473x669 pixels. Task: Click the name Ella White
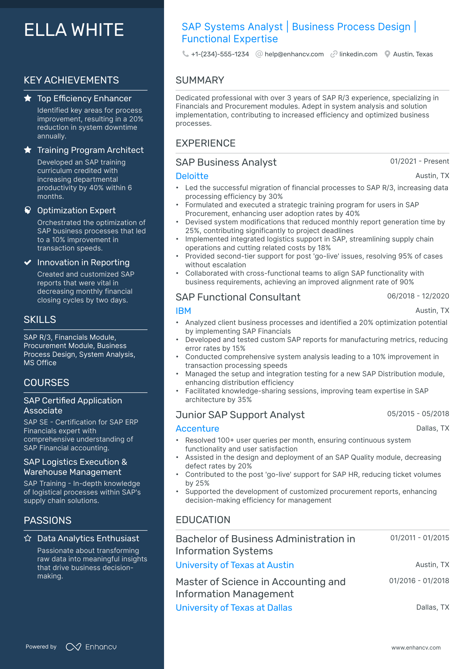(x=74, y=30)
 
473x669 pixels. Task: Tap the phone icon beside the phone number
(x=185, y=54)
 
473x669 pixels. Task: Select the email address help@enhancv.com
(x=294, y=54)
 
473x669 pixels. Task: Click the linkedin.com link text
(x=358, y=54)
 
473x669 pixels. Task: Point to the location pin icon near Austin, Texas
(x=387, y=54)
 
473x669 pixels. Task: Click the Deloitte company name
(x=192, y=176)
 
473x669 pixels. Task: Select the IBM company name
(x=183, y=311)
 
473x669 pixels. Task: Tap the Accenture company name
(x=197, y=429)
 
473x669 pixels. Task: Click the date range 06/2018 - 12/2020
(x=418, y=296)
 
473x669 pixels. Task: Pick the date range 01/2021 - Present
(x=419, y=161)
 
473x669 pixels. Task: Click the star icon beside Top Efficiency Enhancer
(x=28, y=98)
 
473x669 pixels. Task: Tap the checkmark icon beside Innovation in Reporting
(x=28, y=262)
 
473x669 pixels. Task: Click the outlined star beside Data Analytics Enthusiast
(x=28, y=538)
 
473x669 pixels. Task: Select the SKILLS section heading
(x=40, y=320)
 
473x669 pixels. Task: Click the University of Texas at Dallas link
(x=234, y=608)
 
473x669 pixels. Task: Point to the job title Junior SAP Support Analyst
(x=240, y=415)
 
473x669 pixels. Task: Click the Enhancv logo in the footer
(x=91, y=647)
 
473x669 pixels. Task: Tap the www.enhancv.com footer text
(x=416, y=648)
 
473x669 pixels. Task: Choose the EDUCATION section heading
(x=203, y=520)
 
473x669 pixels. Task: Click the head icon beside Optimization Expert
(x=28, y=210)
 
